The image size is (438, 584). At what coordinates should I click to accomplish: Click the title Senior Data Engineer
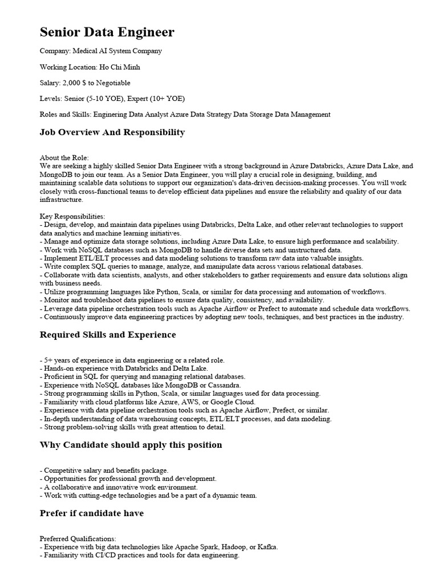[x=107, y=33]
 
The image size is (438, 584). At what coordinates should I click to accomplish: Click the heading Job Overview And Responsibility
[x=112, y=132]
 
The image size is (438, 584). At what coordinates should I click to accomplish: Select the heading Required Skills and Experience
[x=108, y=335]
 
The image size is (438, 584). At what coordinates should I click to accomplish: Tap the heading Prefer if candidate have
[x=91, y=513]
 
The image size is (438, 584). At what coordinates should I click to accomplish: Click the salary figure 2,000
[x=74, y=83]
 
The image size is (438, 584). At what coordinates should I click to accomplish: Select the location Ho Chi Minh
[x=120, y=67]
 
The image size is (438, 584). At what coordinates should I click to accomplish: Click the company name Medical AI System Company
[x=116, y=51]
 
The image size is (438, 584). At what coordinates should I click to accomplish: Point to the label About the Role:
[x=64, y=157]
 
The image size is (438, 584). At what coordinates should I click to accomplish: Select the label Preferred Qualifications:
[x=78, y=538]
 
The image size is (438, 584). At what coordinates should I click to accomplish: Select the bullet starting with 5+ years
[x=132, y=360]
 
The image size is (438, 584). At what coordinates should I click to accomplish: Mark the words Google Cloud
[x=220, y=401]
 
